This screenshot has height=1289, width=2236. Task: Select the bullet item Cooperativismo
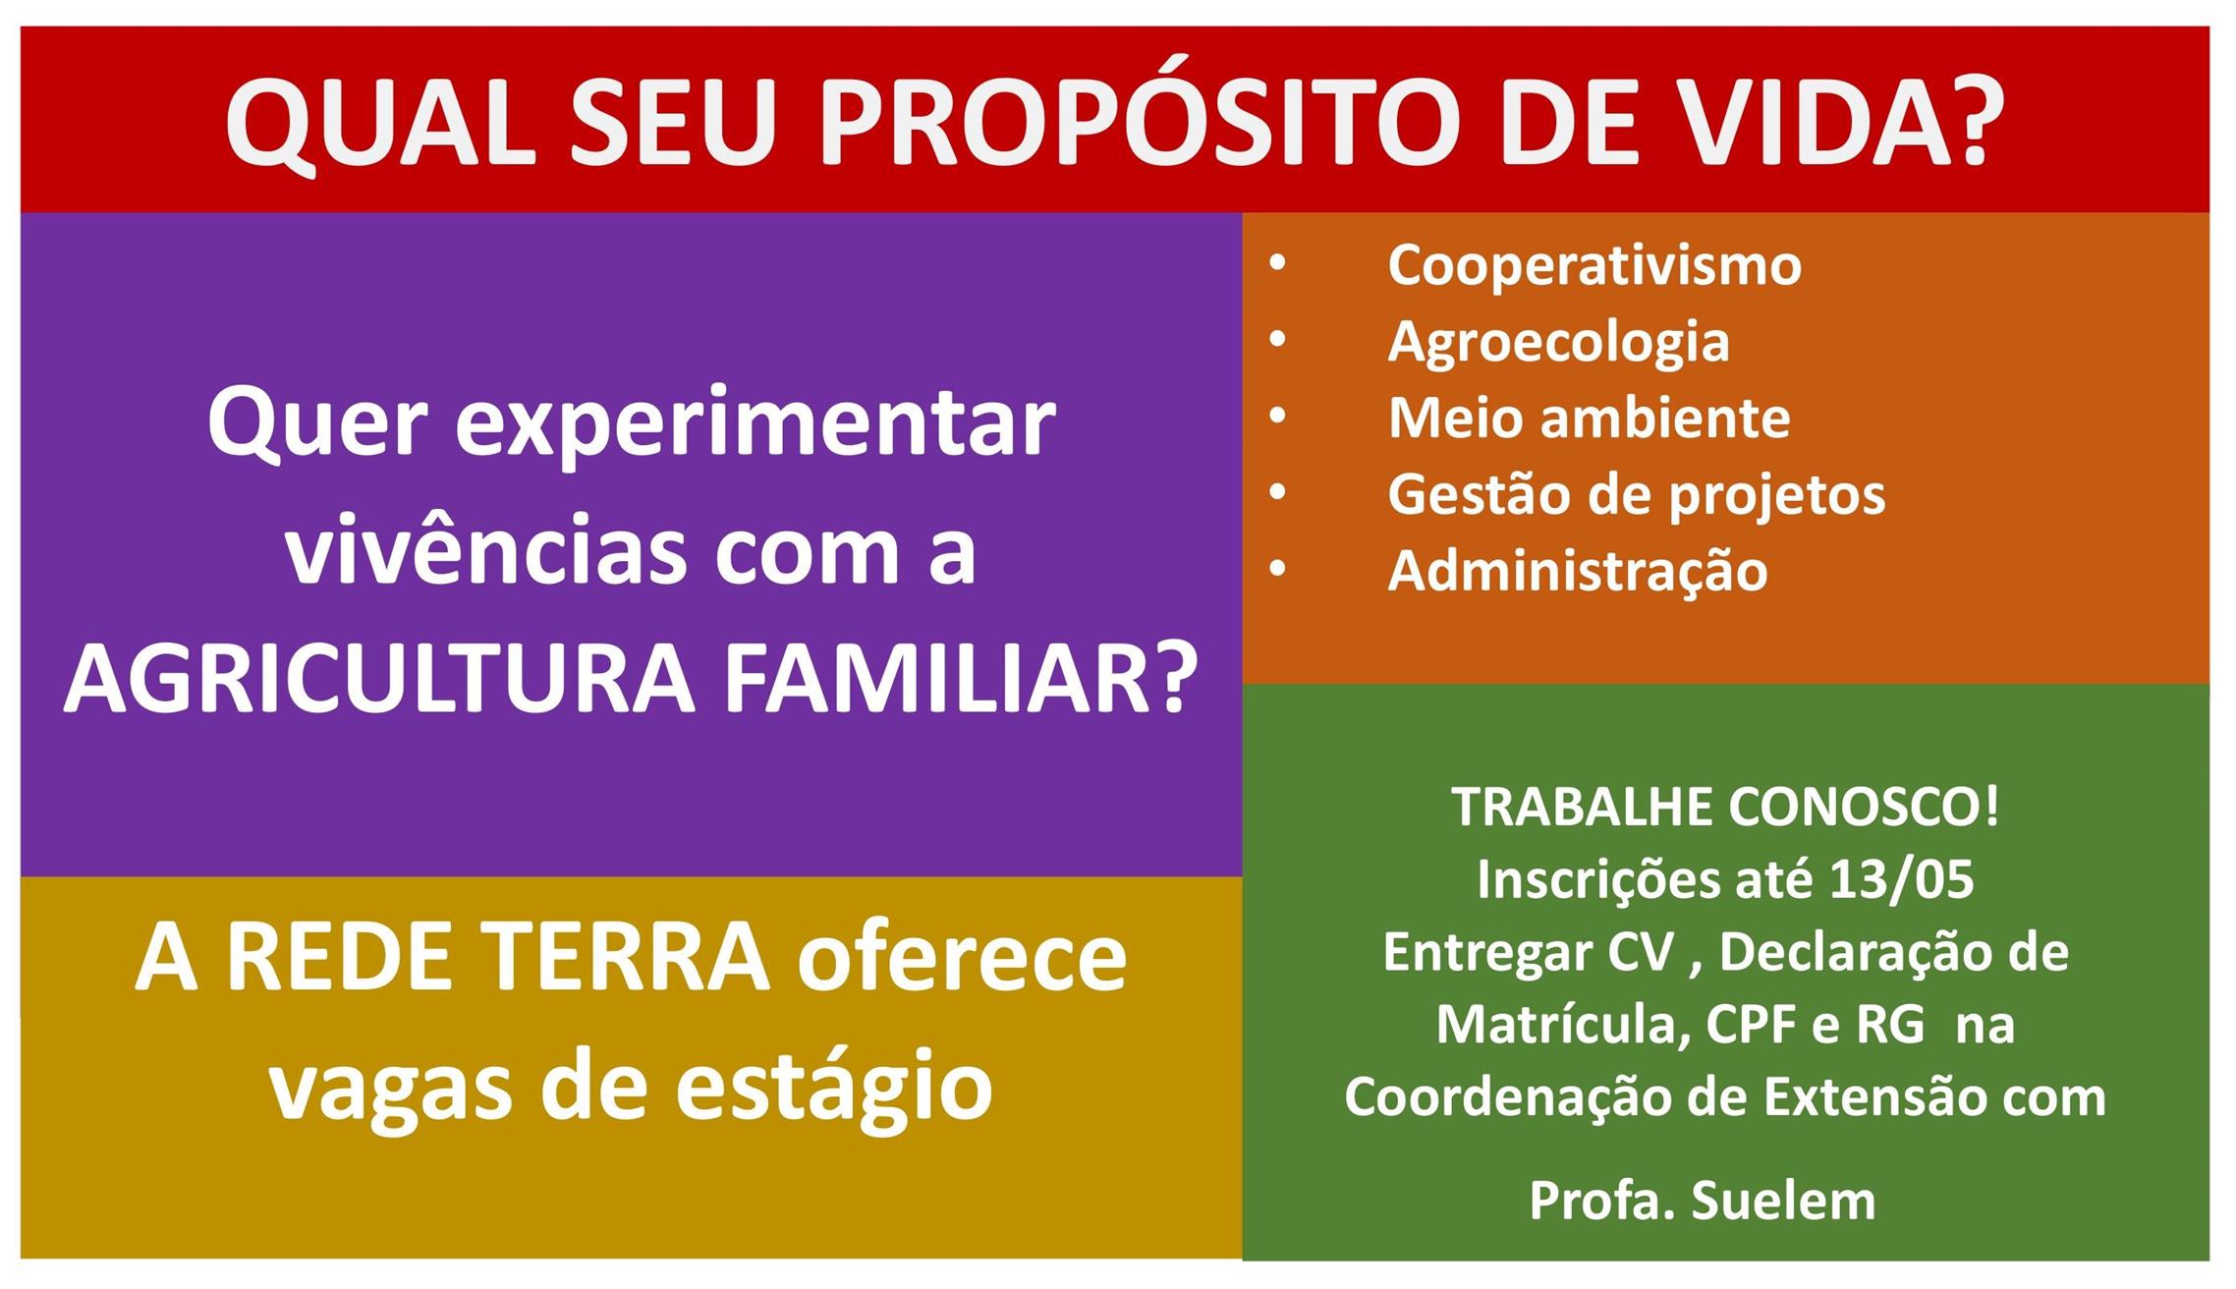coord(1594,265)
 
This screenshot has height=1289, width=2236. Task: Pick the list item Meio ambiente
coord(1589,418)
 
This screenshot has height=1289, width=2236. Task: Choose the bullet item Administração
coord(1578,572)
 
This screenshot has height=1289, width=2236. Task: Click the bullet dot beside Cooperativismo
coord(1277,263)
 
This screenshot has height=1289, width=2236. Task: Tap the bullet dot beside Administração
coord(1277,569)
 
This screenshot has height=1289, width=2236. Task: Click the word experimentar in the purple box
coord(755,426)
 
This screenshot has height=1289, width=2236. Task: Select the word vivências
coord(486,550)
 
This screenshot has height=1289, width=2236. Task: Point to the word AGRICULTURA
coord(380,679)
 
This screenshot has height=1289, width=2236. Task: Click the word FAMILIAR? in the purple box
coord(961,679)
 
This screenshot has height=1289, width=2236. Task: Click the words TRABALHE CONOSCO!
coord(1725,807)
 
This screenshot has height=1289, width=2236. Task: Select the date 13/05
coord(1902,879)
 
